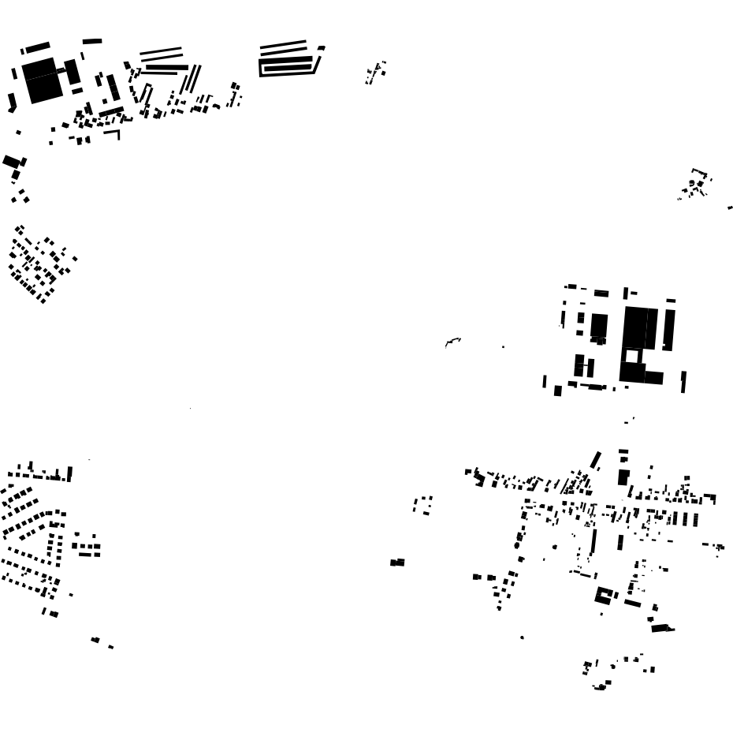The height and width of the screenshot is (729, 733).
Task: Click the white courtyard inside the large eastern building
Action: tap(631, 356)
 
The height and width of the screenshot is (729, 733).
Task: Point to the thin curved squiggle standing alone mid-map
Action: tap(452, 342)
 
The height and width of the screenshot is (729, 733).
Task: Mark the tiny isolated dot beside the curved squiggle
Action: tap(503, 346)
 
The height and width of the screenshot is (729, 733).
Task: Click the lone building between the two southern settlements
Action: tap(397, 563)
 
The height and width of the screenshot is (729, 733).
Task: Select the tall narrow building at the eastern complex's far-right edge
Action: tap(683, 382)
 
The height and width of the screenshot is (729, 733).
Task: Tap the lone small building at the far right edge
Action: tap(730, 207)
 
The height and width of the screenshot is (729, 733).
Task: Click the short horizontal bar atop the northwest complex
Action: tap(92, 41)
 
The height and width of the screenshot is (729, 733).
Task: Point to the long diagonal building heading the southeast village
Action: tap(596, 460)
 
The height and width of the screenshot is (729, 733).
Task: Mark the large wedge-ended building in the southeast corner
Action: tap(661, 628)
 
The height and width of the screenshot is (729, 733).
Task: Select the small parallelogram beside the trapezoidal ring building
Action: tap(321, 48)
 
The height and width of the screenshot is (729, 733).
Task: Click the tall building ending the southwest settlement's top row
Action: tap(69, 474)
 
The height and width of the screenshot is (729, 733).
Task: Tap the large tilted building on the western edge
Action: tap(12, 162)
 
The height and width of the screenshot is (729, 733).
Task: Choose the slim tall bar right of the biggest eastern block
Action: tap(669, 327)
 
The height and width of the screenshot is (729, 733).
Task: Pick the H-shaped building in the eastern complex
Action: tap(584, 365)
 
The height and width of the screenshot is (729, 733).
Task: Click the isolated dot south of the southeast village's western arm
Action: tap(522, 637)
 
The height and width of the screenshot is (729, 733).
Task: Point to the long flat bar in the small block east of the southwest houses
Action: tap(89, 554)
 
